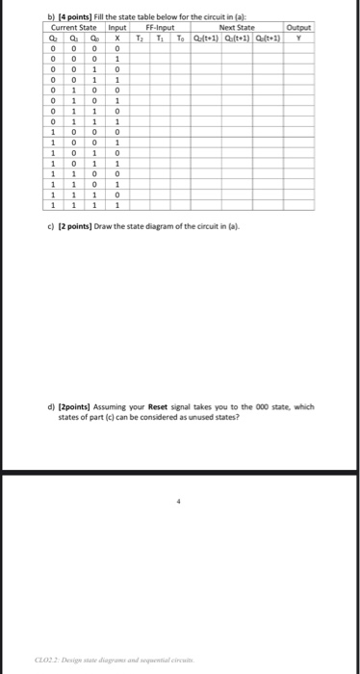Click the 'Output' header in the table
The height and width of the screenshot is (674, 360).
click(299, 28)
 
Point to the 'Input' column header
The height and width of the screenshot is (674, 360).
click(116, 28)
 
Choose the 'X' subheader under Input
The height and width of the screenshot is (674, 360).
click(116, 38)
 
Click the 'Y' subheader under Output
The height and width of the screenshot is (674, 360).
click(299, 38)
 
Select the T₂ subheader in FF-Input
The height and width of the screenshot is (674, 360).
click(140, 38)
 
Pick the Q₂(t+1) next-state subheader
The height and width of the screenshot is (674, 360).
click(205, 38)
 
